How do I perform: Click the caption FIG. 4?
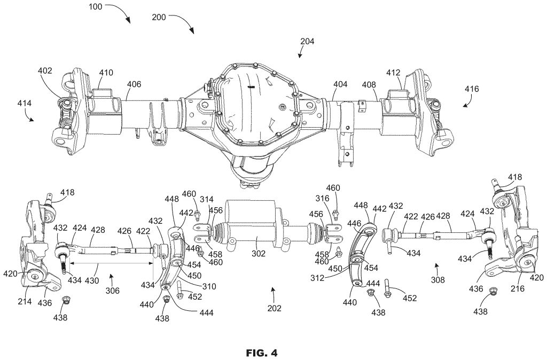click(262, 353)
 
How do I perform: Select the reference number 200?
click(159, 17)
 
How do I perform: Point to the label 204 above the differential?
click(308, 41)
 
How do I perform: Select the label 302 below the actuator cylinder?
click(259, 254)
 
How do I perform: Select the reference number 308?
click(437, 278)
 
